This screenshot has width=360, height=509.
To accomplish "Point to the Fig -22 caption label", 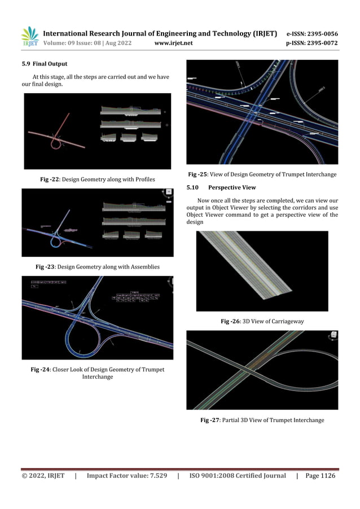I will [51, 179].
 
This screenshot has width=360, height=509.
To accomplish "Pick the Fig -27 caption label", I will [212, 420].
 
